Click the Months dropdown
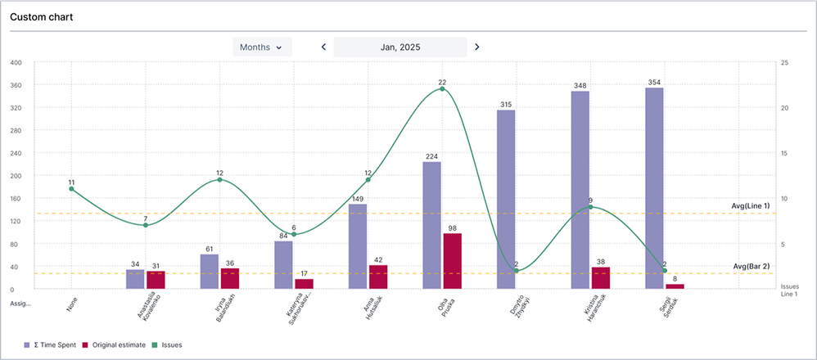[x=261, y=47]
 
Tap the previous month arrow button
[x=323, y=47]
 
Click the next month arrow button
[x=477, y=47]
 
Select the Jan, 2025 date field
[x=400, y=47]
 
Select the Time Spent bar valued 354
[x=654, y=188]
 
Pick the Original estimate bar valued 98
[x=452, y=261]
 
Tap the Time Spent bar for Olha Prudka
[x=432, y=225]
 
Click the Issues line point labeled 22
[x=442, y=88]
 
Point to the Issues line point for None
[x=71, y=189]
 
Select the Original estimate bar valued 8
[x=675, y=286]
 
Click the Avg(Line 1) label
[x=752, y=205]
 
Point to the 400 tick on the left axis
[x=16, y=62]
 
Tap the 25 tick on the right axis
[x=784, y=62]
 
